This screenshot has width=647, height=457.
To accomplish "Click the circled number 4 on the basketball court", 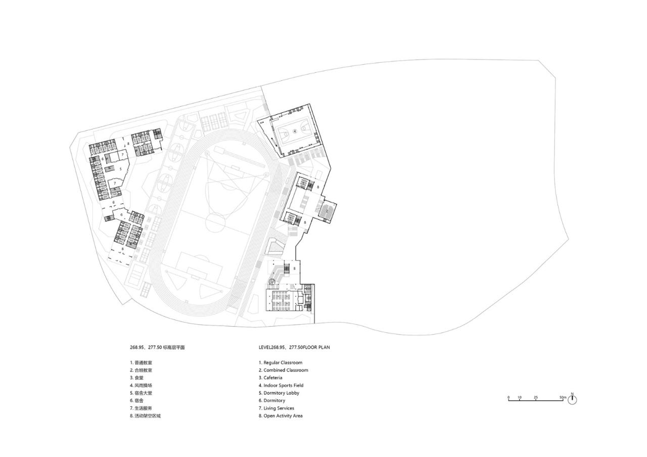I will click(x=295, y=130).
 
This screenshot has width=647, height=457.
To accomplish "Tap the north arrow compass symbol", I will click(x=572, y=399).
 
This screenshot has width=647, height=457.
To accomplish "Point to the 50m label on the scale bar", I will click(x=562, y=397).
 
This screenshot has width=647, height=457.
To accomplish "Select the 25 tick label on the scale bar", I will click(x=535, y=397).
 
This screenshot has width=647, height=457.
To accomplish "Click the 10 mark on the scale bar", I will click(x=519, y=397).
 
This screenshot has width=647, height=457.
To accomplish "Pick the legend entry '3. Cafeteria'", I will click(x=270, y=378).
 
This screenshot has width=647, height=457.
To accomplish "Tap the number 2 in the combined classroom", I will click(x=327, y=211).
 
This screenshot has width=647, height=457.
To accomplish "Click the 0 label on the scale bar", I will click(x=509, y=397).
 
